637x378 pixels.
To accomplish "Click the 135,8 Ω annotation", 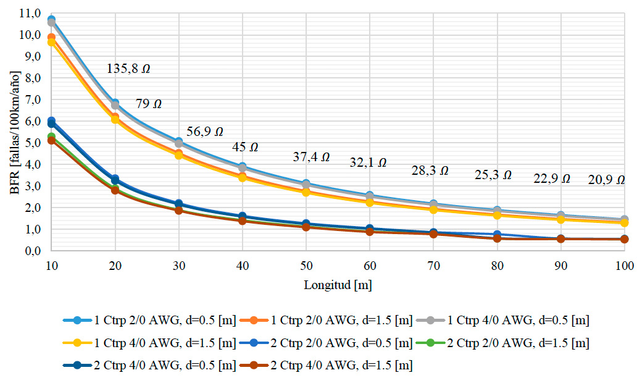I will [x=128, y=69].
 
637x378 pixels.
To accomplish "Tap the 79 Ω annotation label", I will [x=149, y=104].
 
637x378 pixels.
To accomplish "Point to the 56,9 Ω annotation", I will [x=204, y=132].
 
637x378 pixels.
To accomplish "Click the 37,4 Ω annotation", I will [x=310, y=158].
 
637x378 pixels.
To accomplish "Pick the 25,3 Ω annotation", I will [x=493, y=175].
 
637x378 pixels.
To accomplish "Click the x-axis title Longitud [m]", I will [x=338, y=285].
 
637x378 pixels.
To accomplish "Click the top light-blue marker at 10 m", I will [x=51, y=20].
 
